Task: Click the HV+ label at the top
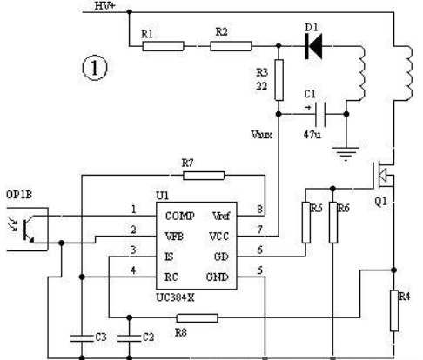pos(105,6)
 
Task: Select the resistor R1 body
pos(163,46)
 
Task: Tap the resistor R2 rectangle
pos(231,46)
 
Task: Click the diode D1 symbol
pos(313,46)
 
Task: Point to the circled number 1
pos(95,68)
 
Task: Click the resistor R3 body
pos(279,80)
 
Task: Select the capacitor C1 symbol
pos(320,114)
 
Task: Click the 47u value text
pos(312,135)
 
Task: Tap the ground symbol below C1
pos(346,154)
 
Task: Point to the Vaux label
pos(262,135)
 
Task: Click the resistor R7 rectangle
pos(204,176)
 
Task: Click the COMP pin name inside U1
pos(180,216)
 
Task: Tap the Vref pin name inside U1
pos(221,216)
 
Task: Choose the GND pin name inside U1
pos(218,277)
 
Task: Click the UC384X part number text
pos(175,297)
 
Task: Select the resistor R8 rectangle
pos(198,318)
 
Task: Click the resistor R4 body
pos(394,310)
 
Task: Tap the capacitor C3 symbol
pos(82,337)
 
